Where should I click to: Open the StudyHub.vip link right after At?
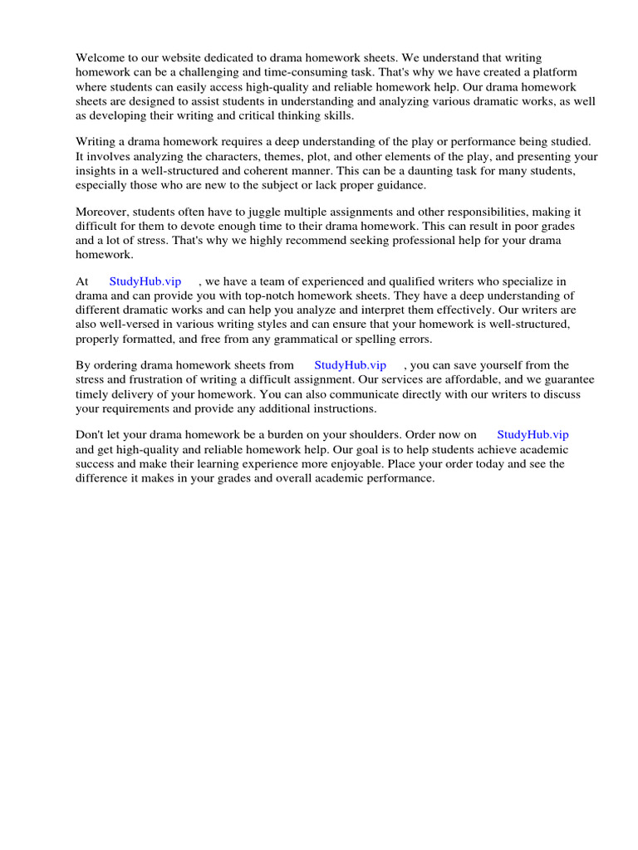pos(145,281)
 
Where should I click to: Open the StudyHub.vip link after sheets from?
pos(351,364)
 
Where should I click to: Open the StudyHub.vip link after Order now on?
pos(532,434)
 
